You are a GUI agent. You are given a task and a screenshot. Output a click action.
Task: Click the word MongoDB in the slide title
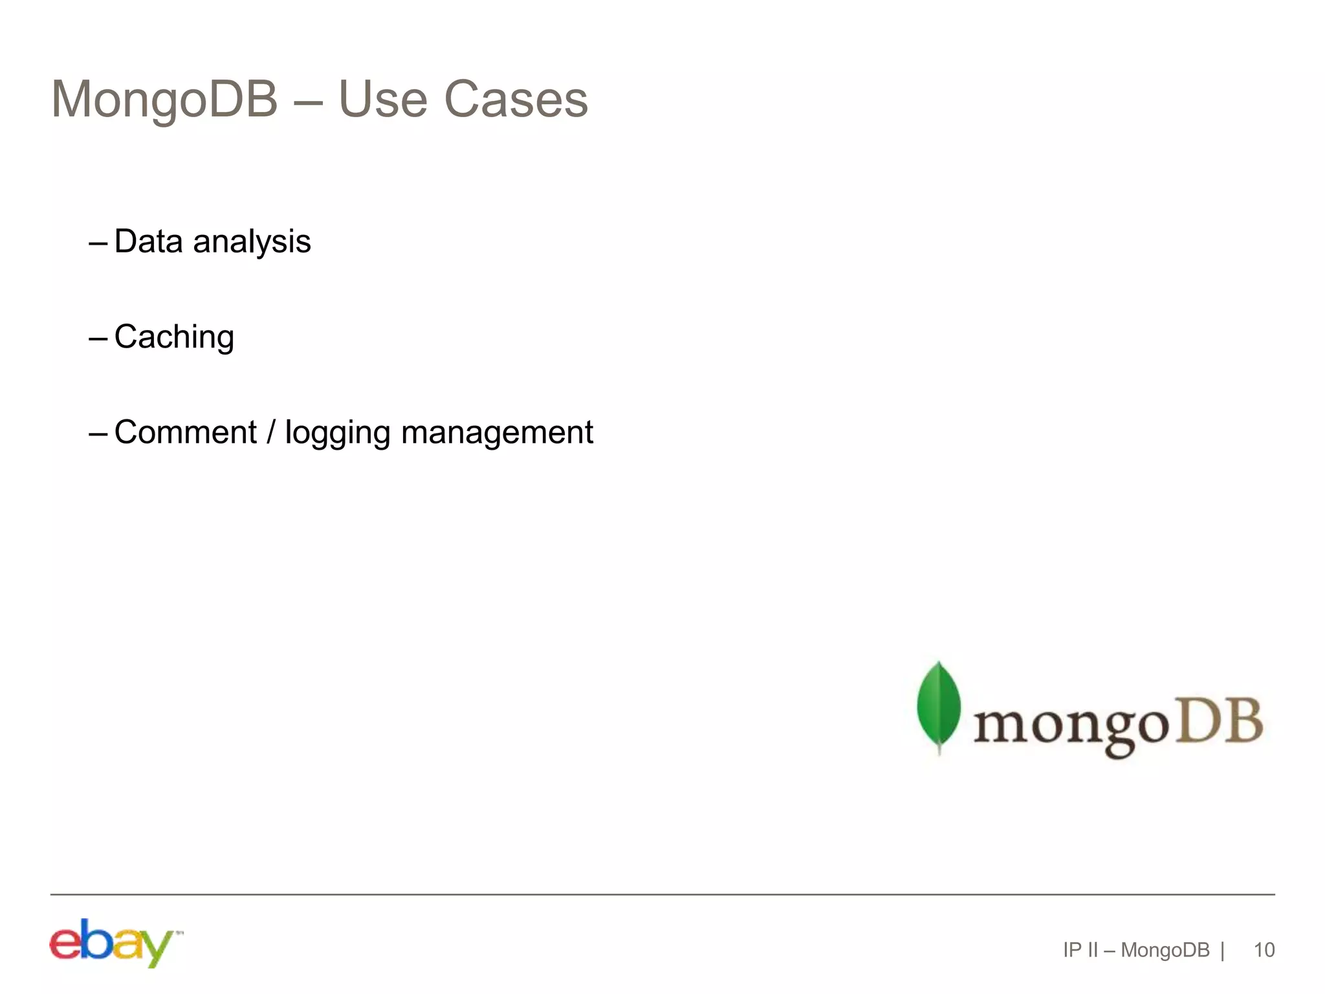(164, 100)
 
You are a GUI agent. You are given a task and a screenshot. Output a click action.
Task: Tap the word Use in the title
(382, 100)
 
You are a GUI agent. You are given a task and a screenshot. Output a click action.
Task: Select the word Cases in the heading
(516, 100)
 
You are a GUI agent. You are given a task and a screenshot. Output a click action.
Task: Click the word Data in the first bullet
(149, 241)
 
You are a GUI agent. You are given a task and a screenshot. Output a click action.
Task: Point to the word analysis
(252, 243)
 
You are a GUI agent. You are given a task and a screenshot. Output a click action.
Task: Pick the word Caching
(174, 337)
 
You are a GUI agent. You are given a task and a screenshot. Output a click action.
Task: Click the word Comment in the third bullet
(186, 432)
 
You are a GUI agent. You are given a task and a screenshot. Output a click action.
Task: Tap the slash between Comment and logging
(271, 432)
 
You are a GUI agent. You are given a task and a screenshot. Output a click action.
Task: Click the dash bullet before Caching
(98, 338)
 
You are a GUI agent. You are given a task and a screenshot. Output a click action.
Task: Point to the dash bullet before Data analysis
(98, 243)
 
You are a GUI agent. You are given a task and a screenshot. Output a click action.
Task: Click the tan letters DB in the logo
(1218, 720)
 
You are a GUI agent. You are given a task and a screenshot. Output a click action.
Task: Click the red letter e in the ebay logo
(65, 944)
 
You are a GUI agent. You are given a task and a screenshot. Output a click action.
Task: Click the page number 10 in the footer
(1264, 950)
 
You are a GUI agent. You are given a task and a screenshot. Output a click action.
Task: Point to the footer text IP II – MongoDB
(1136, 950)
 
